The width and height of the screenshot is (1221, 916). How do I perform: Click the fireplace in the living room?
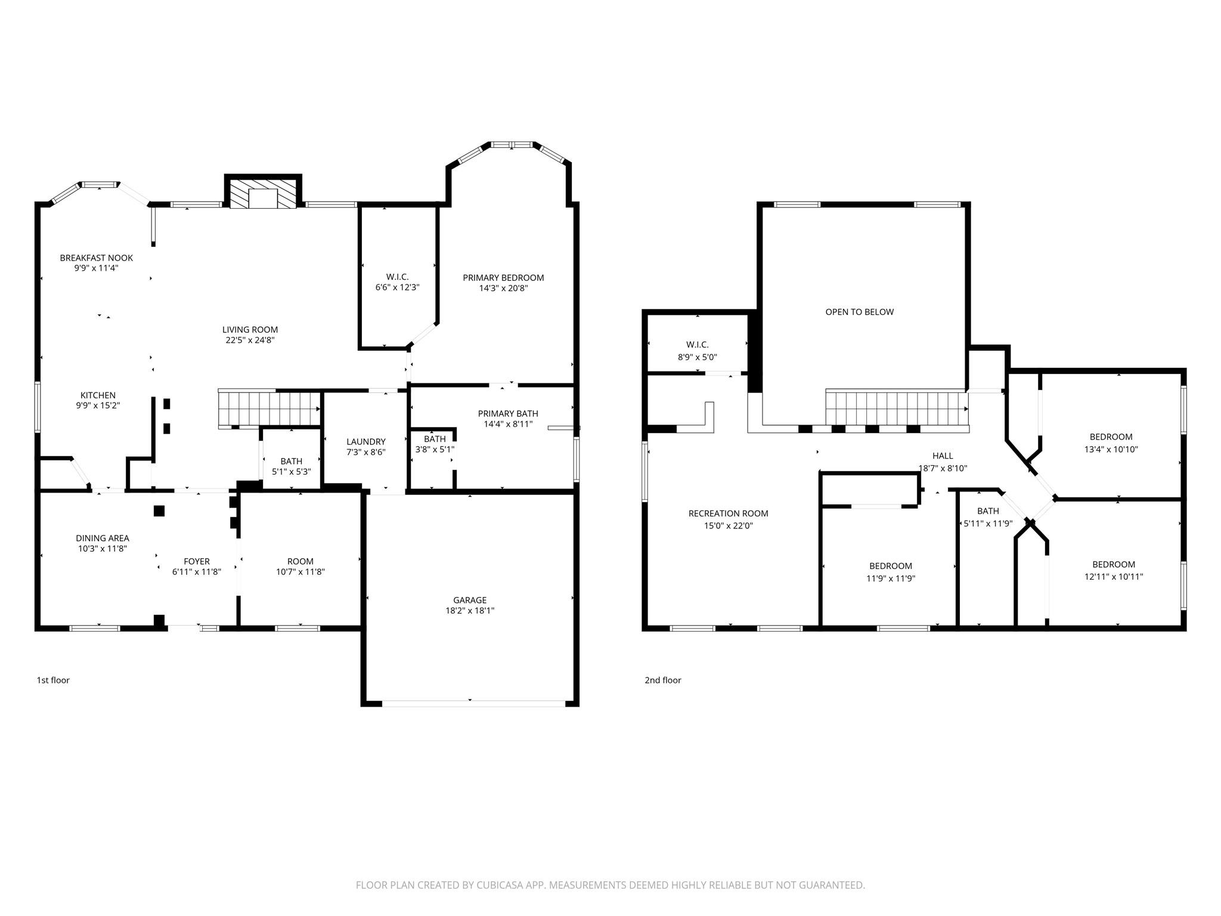tap(263, 194)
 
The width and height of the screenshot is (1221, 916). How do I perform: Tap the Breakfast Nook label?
tap(96, 258)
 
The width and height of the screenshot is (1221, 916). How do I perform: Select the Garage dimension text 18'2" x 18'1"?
tap(470, 611)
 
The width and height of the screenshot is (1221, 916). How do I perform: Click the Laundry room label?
tap(366, 442)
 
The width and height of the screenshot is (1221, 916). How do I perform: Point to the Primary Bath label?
tap(508, 414)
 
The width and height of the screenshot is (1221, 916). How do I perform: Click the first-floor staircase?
tap(268, 408)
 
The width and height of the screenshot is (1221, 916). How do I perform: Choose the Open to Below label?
tap(859, 312)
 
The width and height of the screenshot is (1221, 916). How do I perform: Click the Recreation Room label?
tap(728, 513)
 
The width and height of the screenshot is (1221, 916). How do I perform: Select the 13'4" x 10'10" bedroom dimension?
tap(1111, 450)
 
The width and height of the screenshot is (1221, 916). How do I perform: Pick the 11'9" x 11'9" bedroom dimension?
tap(891, 578)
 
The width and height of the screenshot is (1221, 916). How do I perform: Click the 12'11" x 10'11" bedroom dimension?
tap(1113, 577)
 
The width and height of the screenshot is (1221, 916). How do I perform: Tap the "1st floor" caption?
tap(53, 680)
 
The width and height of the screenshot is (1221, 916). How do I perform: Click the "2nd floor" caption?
tap(662, 680)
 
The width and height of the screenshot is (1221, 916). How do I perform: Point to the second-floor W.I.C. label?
tap(697, 345)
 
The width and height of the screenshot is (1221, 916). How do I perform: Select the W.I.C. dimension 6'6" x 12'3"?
tap(397, 287)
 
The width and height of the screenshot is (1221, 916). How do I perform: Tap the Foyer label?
tap(196, 561)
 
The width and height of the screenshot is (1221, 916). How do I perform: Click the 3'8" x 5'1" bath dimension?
tap(435, 450)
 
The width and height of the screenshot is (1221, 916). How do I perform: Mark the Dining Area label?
tap(102, 539)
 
